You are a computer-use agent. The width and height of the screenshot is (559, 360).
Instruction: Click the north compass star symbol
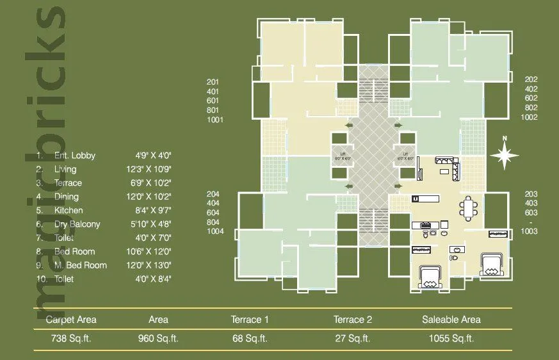[505, 155]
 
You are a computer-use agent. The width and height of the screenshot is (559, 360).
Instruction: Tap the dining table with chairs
[469, 208]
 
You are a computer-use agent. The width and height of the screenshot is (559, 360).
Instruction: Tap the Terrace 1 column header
[250, 320]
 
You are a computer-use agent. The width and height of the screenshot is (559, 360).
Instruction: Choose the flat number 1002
[529, 117]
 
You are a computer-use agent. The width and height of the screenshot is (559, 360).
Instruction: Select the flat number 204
[213, 193]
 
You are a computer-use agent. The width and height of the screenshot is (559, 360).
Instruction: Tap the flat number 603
[530, 213]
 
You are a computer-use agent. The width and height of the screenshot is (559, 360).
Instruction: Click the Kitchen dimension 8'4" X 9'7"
[154, 210]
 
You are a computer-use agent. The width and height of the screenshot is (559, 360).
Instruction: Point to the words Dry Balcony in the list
[77, 224]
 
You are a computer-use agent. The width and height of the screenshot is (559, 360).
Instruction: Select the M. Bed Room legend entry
[81, 265]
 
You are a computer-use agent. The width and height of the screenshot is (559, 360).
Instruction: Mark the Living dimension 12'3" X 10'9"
[154, 169]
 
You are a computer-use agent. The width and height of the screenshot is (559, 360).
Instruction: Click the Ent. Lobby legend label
[74, 155]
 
